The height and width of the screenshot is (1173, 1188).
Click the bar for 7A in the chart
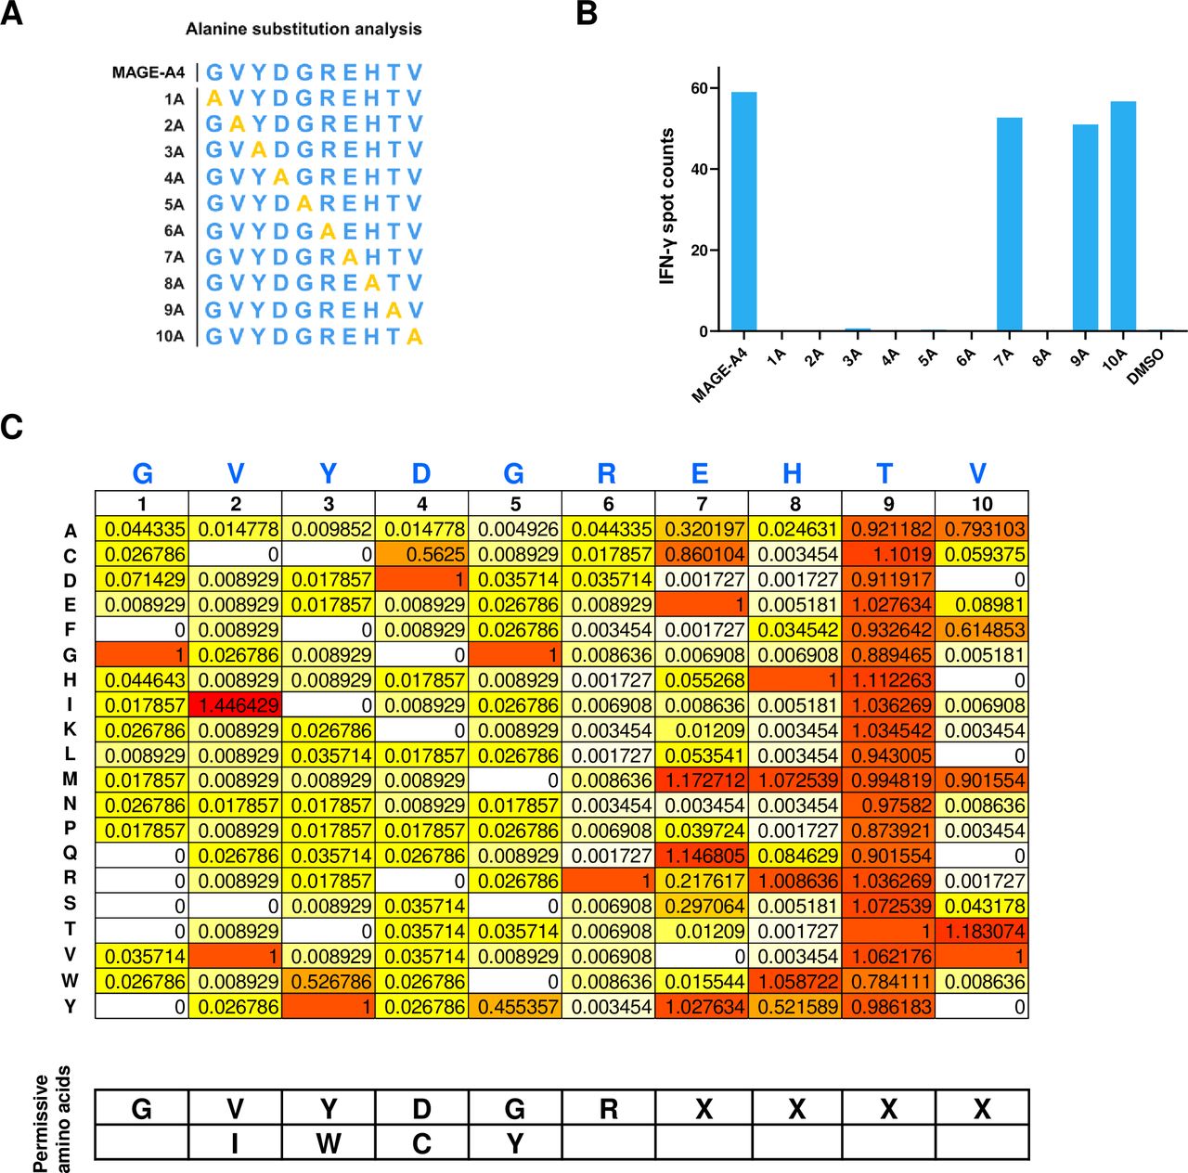1009,224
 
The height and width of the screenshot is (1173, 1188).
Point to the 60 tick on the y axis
699,88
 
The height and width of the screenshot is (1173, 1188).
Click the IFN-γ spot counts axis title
666,206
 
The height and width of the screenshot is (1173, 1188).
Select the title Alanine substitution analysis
303,30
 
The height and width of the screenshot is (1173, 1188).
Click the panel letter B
587,14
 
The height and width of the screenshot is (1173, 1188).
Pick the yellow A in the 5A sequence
304,204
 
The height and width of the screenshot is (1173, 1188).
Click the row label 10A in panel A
170,336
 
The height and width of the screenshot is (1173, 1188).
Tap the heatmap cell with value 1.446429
236,705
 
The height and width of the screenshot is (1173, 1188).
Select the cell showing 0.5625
422,555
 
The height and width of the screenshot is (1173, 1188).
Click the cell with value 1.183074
982,931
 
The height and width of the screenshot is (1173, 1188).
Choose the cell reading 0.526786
329,981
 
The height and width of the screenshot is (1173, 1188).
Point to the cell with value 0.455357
515,1006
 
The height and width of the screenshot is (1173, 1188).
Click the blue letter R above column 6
607,474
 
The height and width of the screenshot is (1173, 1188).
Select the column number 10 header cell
982,504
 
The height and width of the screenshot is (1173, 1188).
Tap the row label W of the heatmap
71,981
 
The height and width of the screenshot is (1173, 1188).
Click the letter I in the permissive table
236,1143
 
